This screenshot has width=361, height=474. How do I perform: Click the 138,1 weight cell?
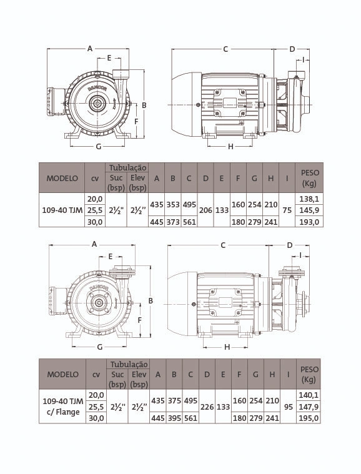pos(309,199)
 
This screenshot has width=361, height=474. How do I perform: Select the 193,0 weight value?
pos(309,222)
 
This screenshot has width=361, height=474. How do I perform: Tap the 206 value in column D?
pos(205,210)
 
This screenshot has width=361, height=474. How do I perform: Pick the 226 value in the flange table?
pos(207,407)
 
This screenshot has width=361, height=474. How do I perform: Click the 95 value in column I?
pos(289,407)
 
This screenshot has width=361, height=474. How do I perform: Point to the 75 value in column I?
pos(287,210)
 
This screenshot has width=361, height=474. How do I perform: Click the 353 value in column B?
pos(173,205)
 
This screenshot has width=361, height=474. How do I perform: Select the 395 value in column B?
pos(174,418)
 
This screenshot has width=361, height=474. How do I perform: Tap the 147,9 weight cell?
pos(309,407)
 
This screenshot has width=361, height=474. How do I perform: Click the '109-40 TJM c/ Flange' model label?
pos(63,407)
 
